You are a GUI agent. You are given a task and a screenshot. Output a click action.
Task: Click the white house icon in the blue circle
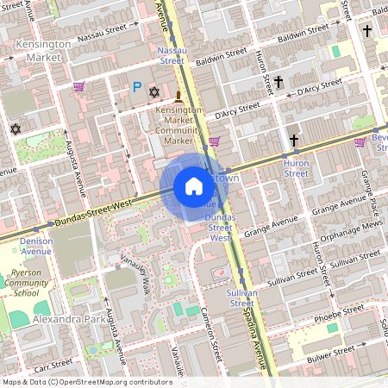coord(194,185)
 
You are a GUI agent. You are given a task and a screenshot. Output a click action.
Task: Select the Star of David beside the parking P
coord(155,91)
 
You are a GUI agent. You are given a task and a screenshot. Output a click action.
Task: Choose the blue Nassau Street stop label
coord(171,56)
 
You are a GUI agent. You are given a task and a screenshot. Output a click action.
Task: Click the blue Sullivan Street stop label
coord(241,298)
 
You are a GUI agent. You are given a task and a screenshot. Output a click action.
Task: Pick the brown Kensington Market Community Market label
coord(179,125)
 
